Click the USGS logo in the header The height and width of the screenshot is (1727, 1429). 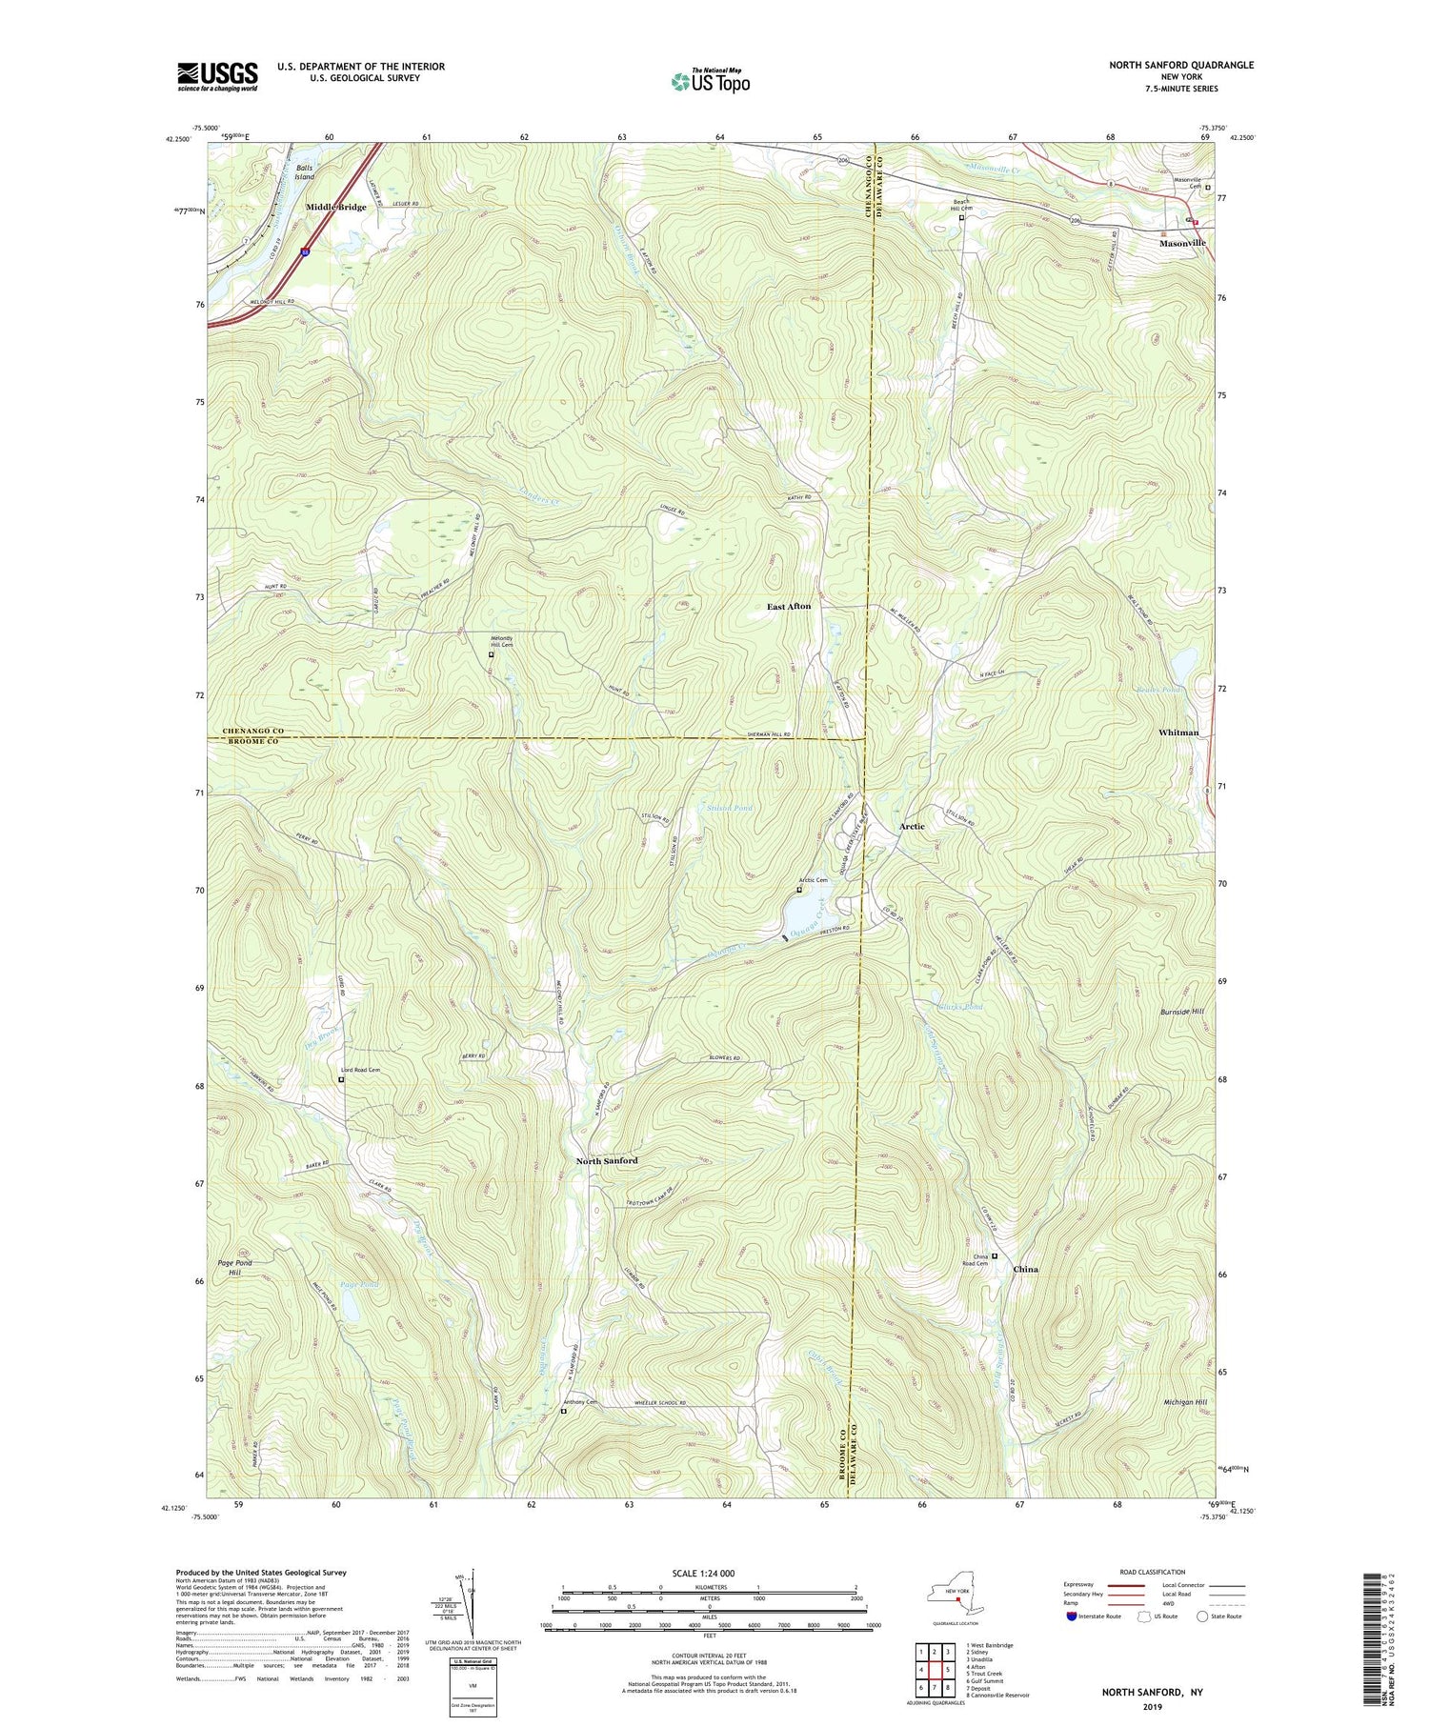217,76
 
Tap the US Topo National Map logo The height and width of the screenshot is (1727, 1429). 710,81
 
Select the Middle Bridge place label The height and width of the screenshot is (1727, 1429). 335,207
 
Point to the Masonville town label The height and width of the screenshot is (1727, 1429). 1181,243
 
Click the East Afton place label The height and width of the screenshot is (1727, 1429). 789,606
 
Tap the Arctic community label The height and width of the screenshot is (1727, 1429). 912,826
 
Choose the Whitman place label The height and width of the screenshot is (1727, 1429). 1178,732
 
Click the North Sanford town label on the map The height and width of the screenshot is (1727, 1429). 607,1160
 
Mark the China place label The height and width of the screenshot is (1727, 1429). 1025,1269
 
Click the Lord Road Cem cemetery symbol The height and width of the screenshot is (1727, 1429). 341,1080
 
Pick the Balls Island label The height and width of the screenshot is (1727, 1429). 304,172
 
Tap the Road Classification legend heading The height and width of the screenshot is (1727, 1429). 1153,1572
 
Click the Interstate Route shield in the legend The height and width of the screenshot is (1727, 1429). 1072,1616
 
